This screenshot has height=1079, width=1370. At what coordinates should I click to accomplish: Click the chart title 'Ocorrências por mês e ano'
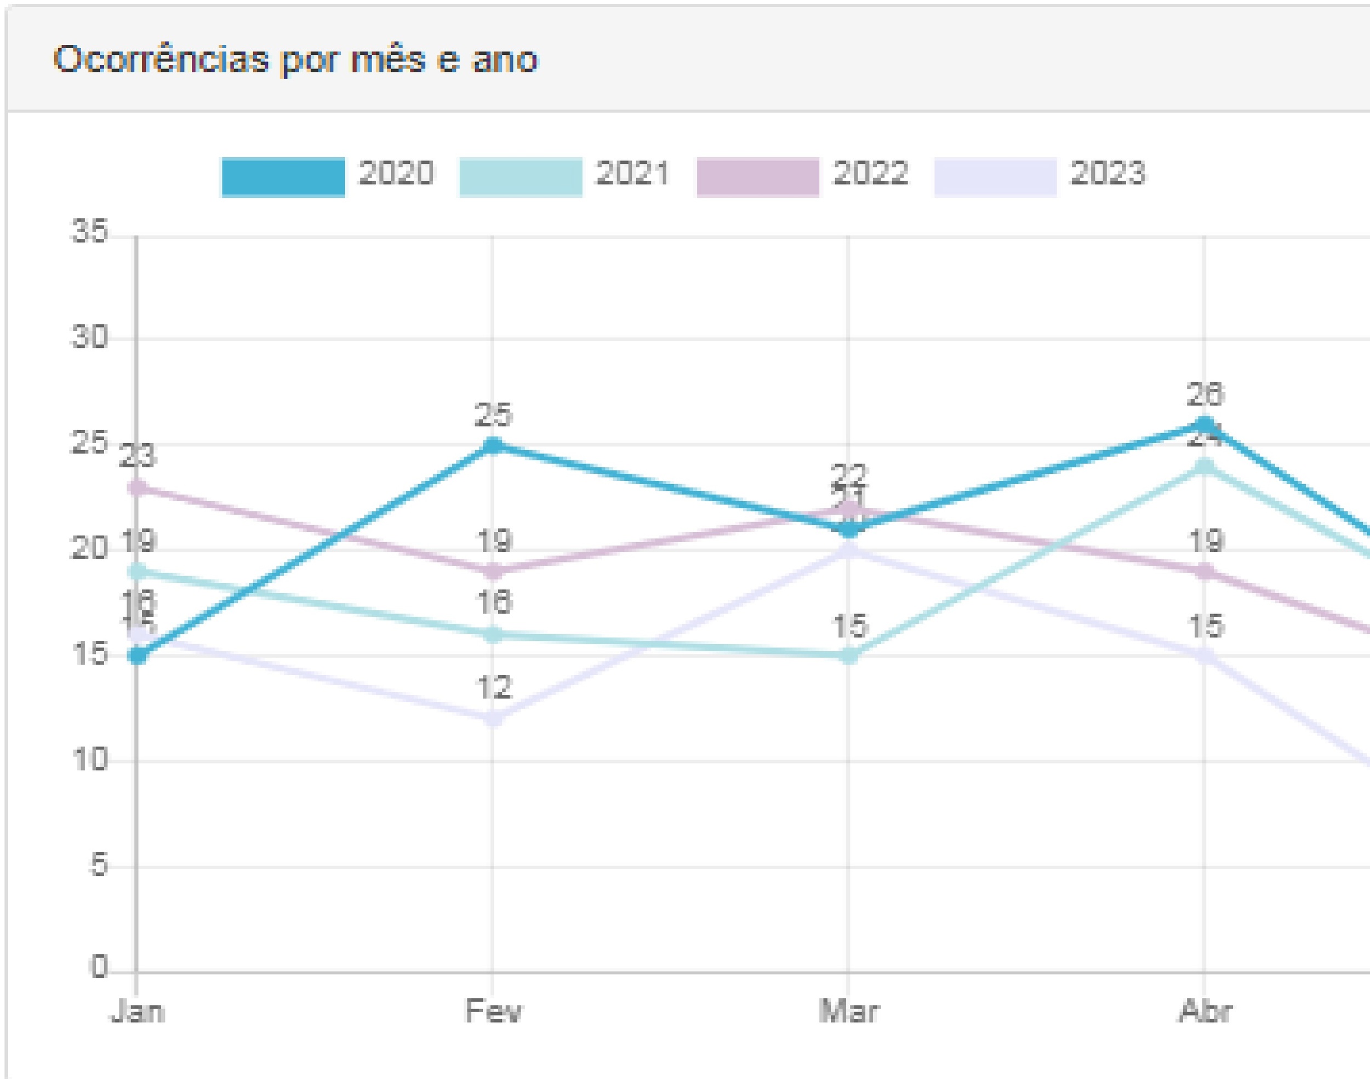[x=295, y=60]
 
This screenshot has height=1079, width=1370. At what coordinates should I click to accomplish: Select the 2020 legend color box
[x=283, y=177]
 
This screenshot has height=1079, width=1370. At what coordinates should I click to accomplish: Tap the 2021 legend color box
[x=520, y=177]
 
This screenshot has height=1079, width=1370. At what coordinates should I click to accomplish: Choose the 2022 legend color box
[x=758, y=177]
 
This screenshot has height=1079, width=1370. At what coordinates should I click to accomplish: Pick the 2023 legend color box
[x=995, y=177]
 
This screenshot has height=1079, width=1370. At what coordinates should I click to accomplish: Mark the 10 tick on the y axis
[x=90, y=759]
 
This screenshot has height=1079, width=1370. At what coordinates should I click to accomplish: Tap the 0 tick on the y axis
[x=99, y=967]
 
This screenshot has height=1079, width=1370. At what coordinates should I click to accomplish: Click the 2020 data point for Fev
[x=493, y=445]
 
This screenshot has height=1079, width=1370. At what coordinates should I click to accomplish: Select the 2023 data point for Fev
[x=493, y=719]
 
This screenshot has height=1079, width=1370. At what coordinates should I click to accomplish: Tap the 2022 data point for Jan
[x=137, y=487]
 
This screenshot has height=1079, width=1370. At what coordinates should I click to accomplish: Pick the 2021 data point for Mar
[x=849, y=656]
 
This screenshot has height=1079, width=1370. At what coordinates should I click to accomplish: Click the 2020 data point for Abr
[x=1205, y=424]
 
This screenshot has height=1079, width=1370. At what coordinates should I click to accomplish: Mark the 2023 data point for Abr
[x=1205, y=656]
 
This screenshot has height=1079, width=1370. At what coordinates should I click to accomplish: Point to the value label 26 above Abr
[x=1205, y=394]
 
